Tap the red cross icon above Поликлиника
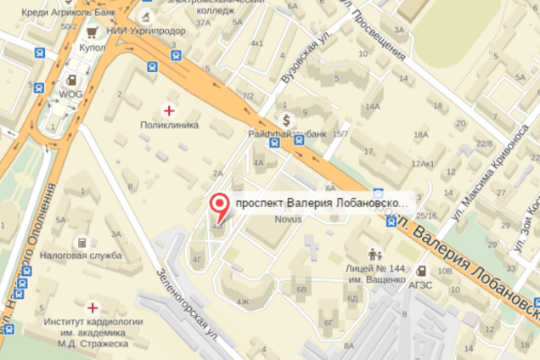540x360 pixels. tap(170, 110)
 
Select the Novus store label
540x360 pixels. tap(288, 218)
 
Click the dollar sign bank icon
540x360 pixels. tap(288, 119)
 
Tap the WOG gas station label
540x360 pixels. tap(70, 94)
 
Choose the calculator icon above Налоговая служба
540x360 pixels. tap(82, 243)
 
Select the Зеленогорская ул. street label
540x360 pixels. tap(184, 300)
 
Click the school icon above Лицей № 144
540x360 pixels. tap(374, 253)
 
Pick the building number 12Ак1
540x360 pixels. tap(422, 163)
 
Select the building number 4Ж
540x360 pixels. tap(244, 301)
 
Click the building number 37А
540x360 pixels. tap(202, 23)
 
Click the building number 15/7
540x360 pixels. tap(340, 133)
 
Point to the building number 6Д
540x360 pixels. tap(352, 298)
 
